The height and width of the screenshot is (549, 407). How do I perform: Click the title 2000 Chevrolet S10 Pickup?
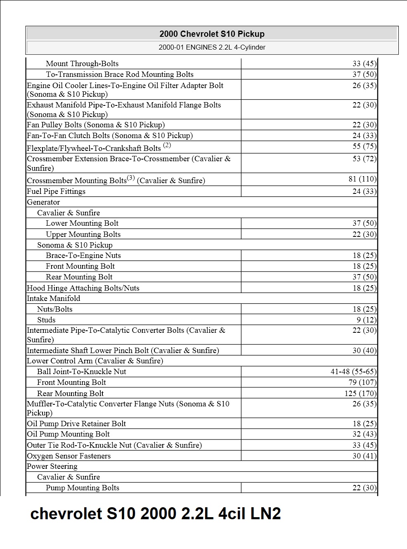point(212,34)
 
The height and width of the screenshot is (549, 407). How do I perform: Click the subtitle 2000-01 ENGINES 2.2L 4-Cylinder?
point(212,47)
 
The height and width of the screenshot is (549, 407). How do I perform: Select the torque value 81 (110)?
point(362,179)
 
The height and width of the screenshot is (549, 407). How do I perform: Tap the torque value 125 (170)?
point(360,393)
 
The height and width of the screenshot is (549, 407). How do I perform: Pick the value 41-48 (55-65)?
point(353,372)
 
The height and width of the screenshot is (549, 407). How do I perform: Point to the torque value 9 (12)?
point(367,320)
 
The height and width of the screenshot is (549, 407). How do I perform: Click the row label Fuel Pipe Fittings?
point(56,191)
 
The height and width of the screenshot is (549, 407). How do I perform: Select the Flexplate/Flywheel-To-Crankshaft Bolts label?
point(94,148)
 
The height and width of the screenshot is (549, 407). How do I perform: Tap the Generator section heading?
point(43,202)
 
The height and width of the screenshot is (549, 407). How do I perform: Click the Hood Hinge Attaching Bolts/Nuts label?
point(83,288)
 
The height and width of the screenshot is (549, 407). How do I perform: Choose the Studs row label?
point(46,320)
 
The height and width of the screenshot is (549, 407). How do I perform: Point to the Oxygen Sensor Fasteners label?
point(69,456)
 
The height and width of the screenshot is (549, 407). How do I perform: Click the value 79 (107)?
point(362,382)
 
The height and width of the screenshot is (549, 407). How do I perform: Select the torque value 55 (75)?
point(364,146)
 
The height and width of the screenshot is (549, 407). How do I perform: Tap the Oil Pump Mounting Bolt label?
point(68,434)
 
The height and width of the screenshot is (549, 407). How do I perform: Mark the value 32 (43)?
point(364,434)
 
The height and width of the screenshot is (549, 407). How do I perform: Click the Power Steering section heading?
point(52,466)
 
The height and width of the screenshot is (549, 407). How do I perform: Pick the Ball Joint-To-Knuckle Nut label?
point(82,372)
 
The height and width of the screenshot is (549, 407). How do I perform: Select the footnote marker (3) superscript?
point(131,178)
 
